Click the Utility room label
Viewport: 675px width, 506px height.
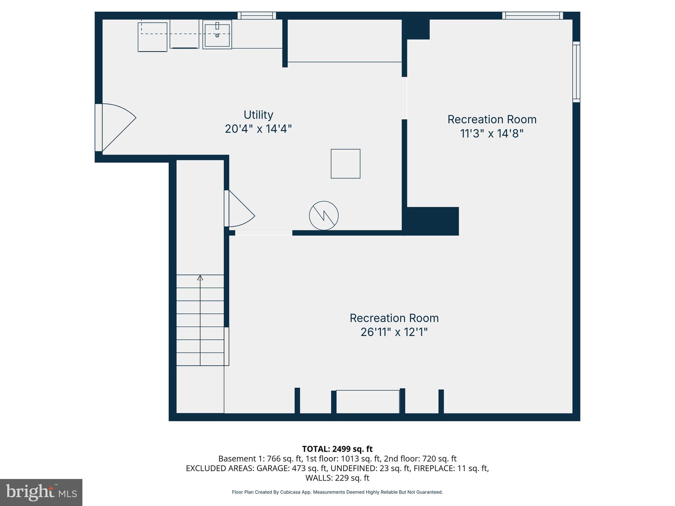pos(258,115)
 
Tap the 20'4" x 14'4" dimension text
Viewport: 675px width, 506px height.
pos(258,129)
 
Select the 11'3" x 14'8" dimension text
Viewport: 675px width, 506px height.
pos(492,133)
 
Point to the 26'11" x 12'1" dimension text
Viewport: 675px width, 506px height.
pos(394,332)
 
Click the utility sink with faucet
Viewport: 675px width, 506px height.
pos(217,34)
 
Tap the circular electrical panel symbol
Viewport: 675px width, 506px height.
pos(324,216)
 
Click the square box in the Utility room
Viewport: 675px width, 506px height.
pos(345,164)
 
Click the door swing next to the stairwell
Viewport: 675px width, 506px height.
pos(241,210)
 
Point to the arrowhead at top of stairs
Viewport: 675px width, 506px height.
pos(200,278)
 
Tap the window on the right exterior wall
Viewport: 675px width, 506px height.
pos(576,72)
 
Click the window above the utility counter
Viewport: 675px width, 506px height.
pos(257,15)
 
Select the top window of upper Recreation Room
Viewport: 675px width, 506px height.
pos(533,15)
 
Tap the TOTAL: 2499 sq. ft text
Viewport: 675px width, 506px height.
pos(337,449)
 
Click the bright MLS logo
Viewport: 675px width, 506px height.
pos(41,492)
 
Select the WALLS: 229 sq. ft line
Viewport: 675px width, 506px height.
pos(337,478)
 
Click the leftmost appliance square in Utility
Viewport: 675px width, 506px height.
pos(152,37)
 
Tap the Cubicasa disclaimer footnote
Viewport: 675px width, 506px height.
pos(337,492)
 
